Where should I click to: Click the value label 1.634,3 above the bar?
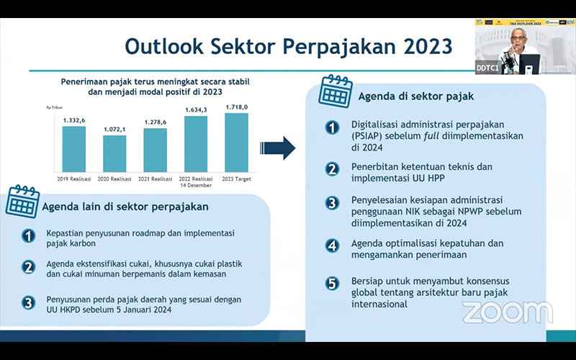[x=197, y=110]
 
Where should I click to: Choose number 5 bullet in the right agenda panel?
[x=331, y=283]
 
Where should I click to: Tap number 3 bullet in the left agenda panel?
[x=28, y=302]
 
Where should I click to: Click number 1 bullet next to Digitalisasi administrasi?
[x=331, y=127]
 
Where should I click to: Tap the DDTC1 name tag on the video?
[x=490, y=68]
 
